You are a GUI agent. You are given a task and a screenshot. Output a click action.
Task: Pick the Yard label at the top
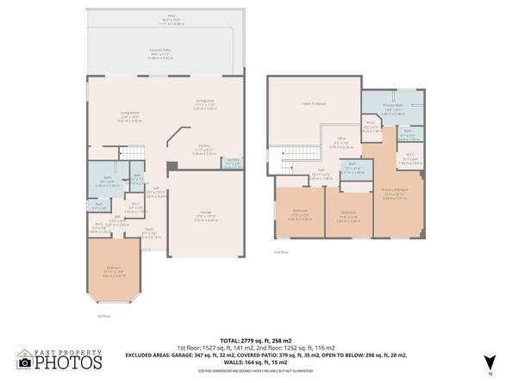click(160, 15)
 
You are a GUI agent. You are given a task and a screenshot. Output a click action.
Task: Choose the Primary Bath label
click(392, 108)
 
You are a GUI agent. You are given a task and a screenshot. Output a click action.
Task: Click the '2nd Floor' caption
click(279, 253)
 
